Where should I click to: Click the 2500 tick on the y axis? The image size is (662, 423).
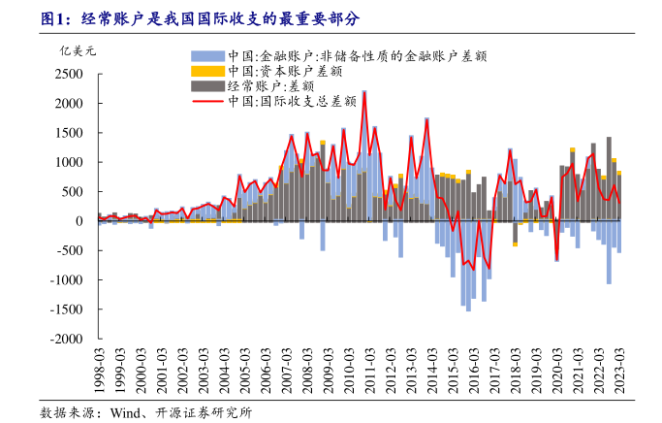point(71,74)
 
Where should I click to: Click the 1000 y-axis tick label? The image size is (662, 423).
point(71,162)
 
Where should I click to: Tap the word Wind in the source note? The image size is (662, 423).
point(126,412)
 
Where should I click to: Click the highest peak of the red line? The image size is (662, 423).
point(364,93)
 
